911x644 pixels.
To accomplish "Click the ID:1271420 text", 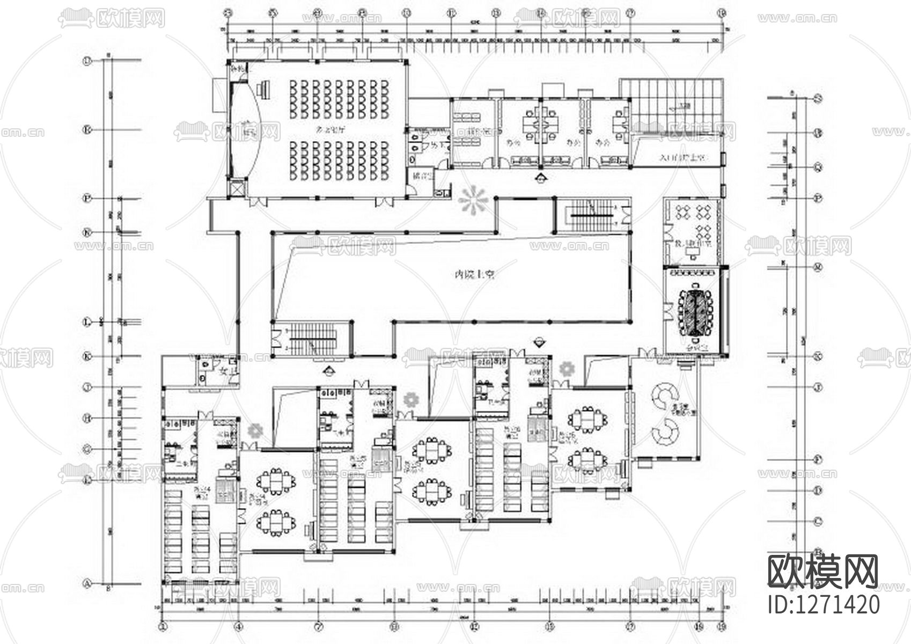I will coord(824,605).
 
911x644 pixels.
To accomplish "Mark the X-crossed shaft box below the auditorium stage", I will coord(236,188).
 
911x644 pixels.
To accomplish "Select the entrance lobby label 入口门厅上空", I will coord(681,158).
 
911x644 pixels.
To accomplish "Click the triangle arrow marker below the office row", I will coord(541,178).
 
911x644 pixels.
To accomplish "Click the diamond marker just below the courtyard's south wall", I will coord(539,341).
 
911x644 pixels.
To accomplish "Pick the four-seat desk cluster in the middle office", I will coord(540,124).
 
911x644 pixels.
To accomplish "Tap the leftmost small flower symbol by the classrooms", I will coord(255,429).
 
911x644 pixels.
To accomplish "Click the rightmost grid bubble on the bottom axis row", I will coord(722,626).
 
